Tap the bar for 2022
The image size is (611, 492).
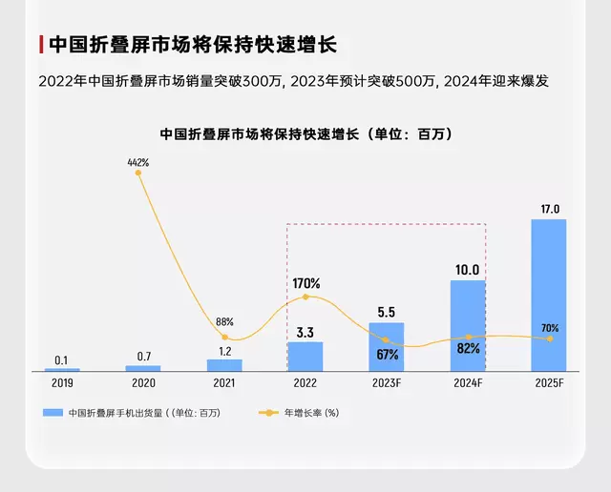305,357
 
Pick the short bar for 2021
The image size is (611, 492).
224,365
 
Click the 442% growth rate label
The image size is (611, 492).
138,162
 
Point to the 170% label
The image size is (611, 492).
306,283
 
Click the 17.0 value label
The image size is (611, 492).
549,209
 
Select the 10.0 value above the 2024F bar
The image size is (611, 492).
468,270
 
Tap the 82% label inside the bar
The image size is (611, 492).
468,349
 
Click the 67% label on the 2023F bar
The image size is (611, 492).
387,354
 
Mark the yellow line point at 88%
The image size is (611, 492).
224,337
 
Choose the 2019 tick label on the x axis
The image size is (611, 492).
61,382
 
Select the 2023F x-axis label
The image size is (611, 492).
387,382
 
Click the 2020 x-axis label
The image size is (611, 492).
143,382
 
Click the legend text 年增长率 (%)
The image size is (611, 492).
311,413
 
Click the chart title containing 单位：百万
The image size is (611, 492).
305,134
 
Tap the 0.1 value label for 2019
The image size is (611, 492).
61,359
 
